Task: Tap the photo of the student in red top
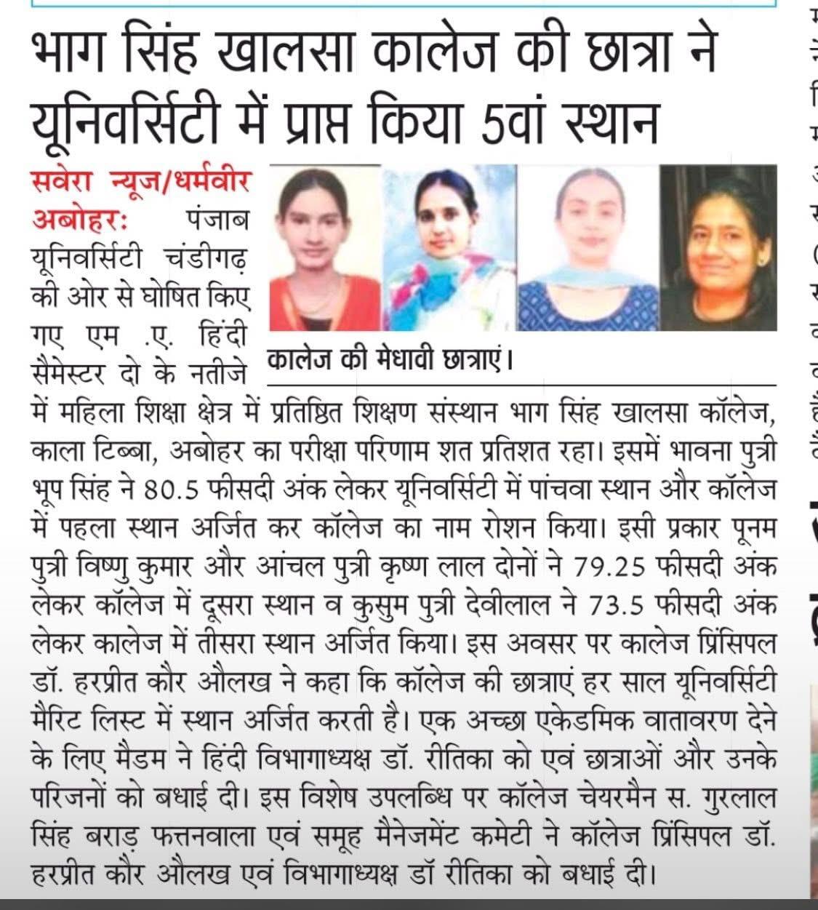click(324, 248)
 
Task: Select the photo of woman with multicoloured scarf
click(449, 248)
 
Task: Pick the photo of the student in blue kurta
click(588, 248)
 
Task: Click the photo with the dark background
click(718, 248)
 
